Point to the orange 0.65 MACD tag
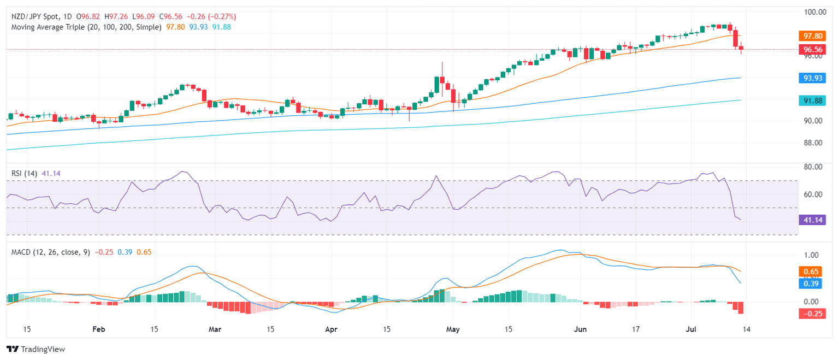click(811, 271)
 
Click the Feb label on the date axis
click(98, 329)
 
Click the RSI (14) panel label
click(24, 173)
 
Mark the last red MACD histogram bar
click(741, 308)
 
